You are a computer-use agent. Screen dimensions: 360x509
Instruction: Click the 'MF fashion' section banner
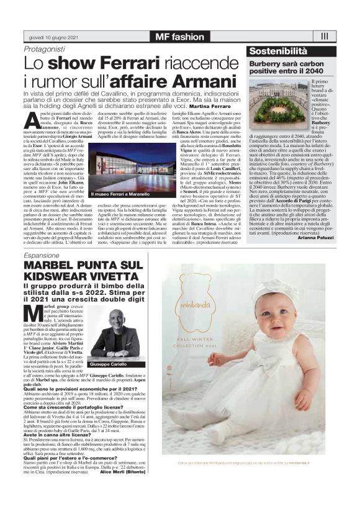click(179, 37)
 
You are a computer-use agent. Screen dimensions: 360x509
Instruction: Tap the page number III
click(324, 37)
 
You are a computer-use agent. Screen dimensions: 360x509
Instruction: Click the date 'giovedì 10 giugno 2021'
click(50, 37)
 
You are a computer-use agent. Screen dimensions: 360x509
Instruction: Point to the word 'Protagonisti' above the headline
click(44, 49)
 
